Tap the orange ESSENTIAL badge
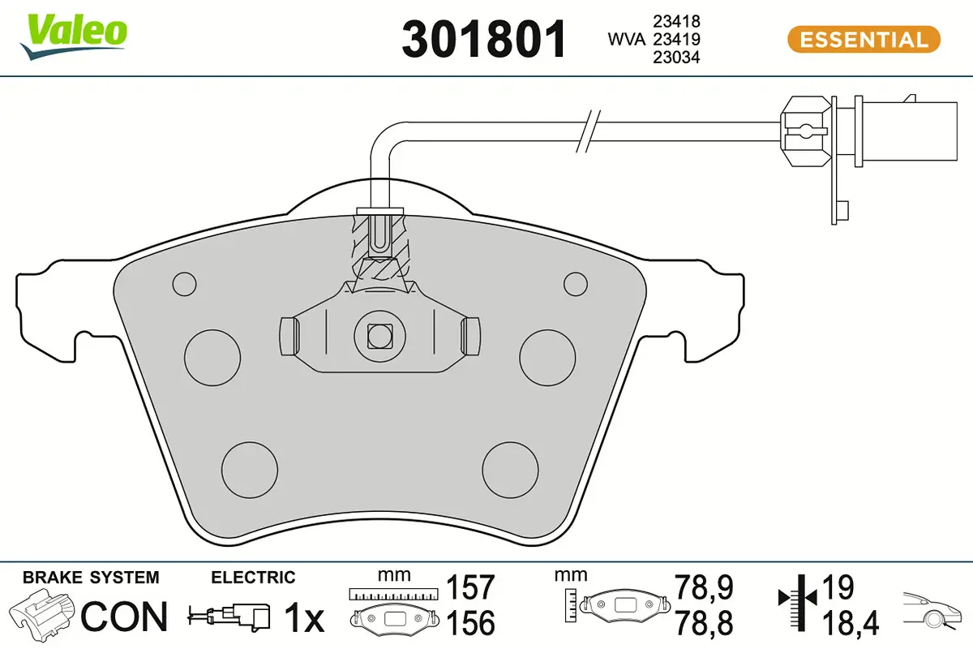pyautogui.click(x=863, y=39)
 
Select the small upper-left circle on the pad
pyautogui.click(x=185, y=283)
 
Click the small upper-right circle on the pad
pyautogui.click(x=575, y=283)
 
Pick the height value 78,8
pyautogui.click(x=704, y=624)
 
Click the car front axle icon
pyautogui.click(x=933, y=609)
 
